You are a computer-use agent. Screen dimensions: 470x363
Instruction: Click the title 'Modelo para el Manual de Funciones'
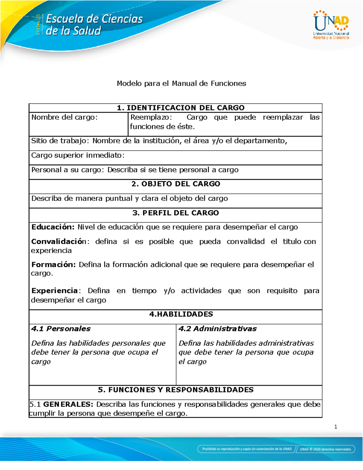181,84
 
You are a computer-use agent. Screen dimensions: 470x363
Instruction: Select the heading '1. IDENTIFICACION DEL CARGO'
181,108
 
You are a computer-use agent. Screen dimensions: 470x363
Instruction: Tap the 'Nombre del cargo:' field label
64,117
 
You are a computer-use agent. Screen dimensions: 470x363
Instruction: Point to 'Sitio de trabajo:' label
60,141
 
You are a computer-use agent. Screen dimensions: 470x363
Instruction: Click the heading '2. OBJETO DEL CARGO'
176,184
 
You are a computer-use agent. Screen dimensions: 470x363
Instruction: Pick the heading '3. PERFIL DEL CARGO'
175,213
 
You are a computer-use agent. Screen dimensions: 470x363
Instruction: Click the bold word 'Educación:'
53,227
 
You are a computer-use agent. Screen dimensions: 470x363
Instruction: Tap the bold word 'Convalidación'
59,242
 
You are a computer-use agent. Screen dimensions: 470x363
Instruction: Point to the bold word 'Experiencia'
55,291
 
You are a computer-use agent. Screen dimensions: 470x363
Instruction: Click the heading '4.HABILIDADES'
181,314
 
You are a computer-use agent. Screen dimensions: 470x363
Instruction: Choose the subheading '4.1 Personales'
61,329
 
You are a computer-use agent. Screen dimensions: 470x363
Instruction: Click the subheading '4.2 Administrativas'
217,329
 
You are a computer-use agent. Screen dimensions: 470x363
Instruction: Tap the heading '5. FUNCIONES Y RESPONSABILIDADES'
175,390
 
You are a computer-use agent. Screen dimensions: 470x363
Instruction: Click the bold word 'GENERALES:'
68,404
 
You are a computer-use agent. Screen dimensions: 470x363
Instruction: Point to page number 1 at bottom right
335,427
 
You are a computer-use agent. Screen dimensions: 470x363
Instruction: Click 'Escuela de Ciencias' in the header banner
94,19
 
